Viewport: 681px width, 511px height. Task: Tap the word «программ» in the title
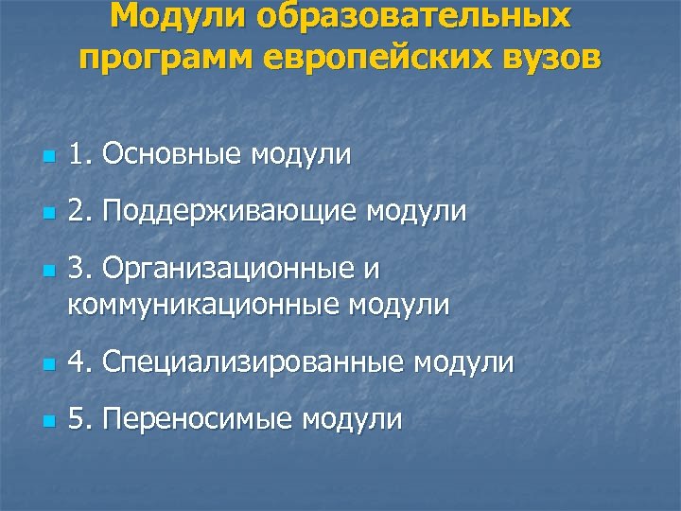166,58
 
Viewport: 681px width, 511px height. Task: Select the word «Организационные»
229,270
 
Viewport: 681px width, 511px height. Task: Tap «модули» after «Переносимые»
353,420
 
